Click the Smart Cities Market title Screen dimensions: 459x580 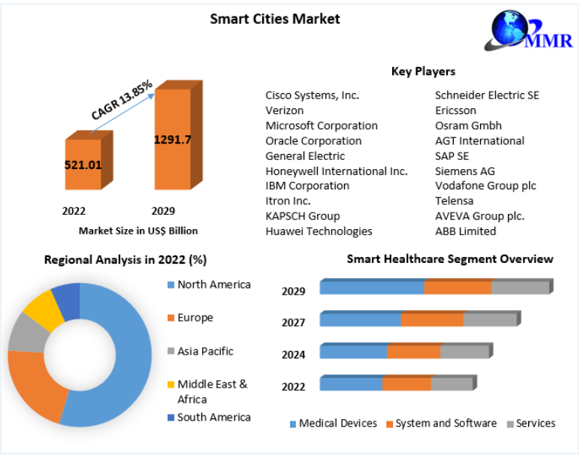click(275, 19)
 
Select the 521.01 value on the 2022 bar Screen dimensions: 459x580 click(83, 165)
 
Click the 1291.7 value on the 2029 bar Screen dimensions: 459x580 click(173, 139)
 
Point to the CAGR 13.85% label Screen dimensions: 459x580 click(122, 100)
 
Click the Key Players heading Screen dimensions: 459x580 click(423, 71)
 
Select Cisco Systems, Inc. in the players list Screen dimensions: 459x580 click(312, 95)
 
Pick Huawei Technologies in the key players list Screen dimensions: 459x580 click(319, 231)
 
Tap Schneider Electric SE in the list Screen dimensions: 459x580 click(487, 95)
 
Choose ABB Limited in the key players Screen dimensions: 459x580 click(465, 231)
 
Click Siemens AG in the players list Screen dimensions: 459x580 click(464, 171)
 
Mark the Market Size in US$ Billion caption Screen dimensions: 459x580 click(138, 231)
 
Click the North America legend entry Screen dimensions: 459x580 click(213, 285)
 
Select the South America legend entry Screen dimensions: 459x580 click(213, 417)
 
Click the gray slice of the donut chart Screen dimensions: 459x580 click(27, 334)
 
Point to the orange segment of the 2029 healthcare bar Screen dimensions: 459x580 click(458, 287)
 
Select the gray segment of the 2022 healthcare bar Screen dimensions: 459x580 click(452, 384)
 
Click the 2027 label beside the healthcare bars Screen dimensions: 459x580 click(293, 323)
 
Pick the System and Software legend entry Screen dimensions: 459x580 click(446, 424)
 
